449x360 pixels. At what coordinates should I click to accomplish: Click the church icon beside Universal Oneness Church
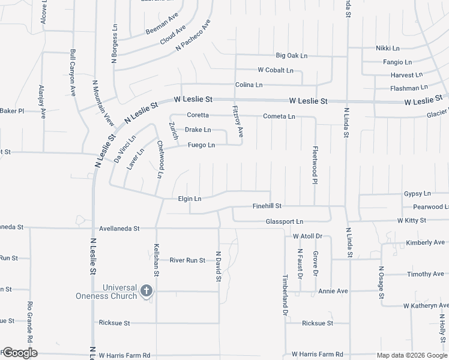pos(146,292)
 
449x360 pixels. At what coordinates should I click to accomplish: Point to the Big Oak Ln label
pos(291,56)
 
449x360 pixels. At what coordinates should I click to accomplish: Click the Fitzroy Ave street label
pos(237,121)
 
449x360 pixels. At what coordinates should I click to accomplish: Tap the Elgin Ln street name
pos(190,199)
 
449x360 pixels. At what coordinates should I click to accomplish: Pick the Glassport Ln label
pos(285,221)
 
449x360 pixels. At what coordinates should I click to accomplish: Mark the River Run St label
pos(187,260)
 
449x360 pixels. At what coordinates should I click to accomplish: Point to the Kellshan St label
pos(156,260)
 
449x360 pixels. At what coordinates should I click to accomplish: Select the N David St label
pos(218,266)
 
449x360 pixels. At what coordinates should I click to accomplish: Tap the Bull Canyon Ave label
pos(73,73)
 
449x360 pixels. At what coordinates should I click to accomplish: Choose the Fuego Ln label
pos(201,145)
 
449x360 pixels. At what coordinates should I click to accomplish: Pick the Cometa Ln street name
pos(279,116)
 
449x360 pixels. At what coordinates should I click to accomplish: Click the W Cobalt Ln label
pos(276,70)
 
